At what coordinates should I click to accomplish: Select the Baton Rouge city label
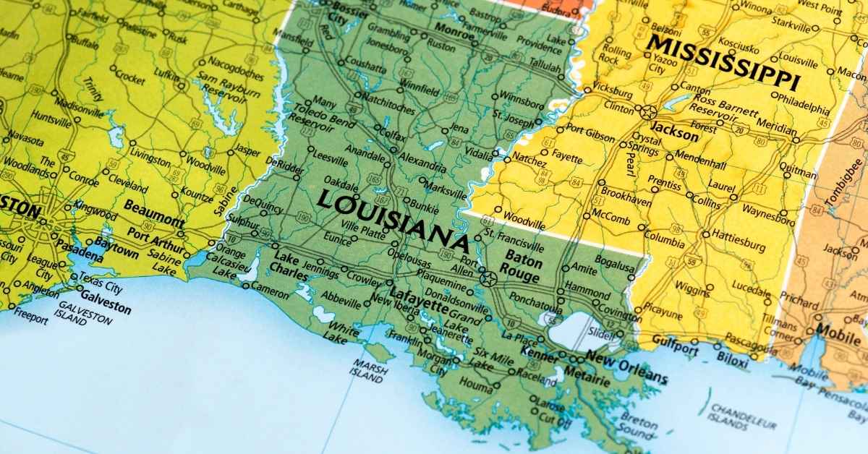523,267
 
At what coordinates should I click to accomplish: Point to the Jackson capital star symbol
648,112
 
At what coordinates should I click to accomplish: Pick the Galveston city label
106,303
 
